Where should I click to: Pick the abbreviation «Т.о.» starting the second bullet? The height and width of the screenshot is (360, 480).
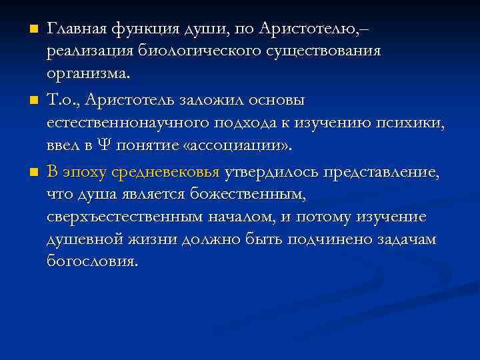(62, 100)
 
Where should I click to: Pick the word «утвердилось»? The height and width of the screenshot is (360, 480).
(270, 172)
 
